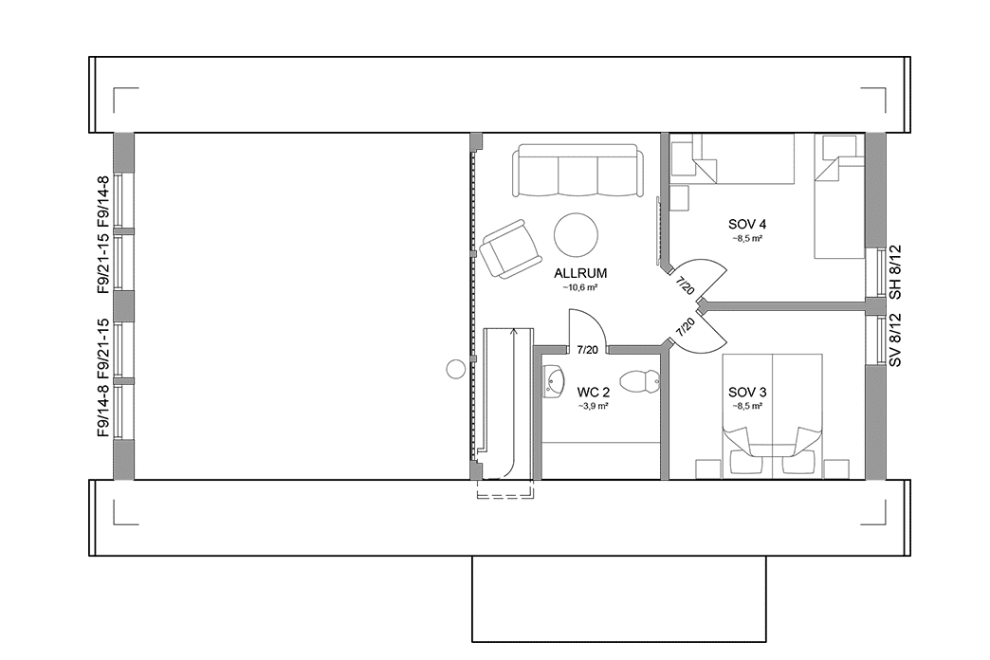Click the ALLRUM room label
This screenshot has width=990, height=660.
[x=580, y=273]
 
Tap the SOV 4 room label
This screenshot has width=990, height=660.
[x=747, y=225]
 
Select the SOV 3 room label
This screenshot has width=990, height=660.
[x=747, y=392]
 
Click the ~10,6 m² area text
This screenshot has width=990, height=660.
[x=580, y=286]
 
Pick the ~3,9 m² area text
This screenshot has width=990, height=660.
[x=593, y=405]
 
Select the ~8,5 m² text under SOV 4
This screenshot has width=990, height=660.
[x=747, y=238]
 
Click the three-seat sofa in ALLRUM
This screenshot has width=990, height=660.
[x=577, y=171]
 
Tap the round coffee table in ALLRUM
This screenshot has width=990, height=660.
[x=576, y=233]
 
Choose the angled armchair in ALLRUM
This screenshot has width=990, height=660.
[x=510, y=247]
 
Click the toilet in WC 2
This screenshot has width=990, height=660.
[x=645, y=381]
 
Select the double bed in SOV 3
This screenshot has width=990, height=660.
[x=772, y=408]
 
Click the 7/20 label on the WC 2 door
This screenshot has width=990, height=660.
[x=587, y=350]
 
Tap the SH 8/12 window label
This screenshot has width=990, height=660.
[x=894, y=271]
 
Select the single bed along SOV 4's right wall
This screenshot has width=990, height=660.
[x=839, y=209]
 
